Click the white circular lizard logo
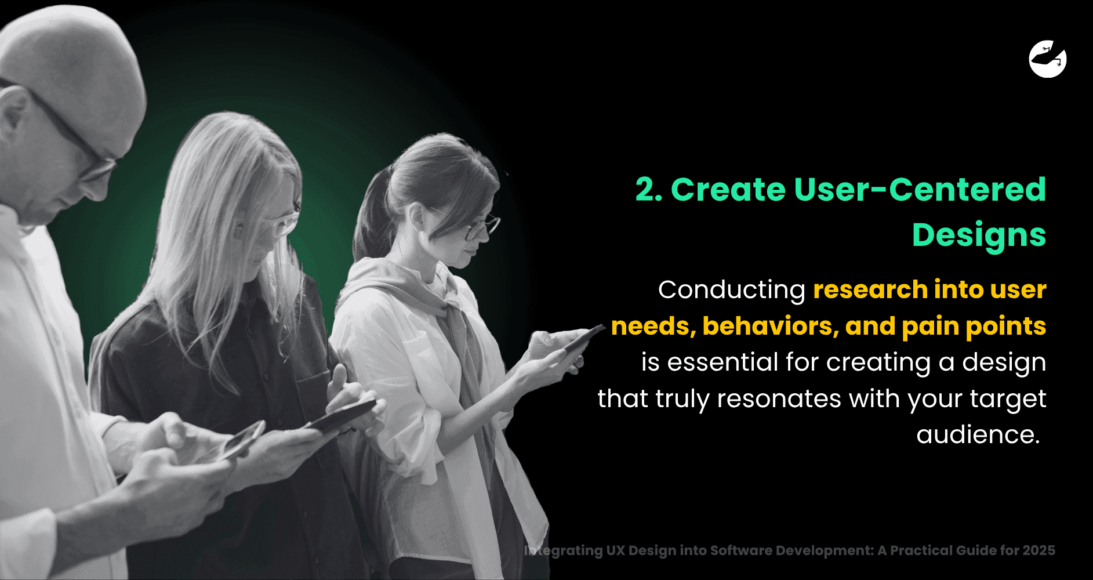(1048, 59)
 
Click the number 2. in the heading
(648, 190)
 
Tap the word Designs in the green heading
(979, 235)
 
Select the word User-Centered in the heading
(920, 190)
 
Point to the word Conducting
(731, 290)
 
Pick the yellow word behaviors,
(771, 326)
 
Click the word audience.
(978, 434)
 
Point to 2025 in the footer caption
(1038, 550)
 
